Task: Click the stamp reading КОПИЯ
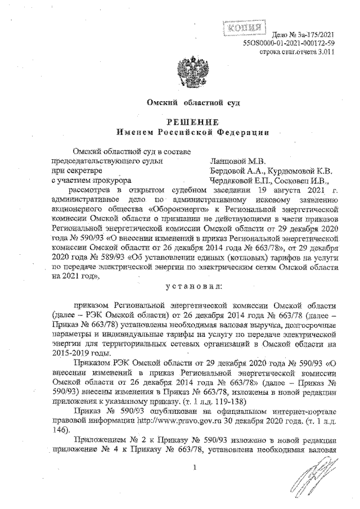click(x=244, y=27)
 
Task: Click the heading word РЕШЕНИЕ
click(x=186, y=122)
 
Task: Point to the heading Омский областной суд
click(x=185, y=104)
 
